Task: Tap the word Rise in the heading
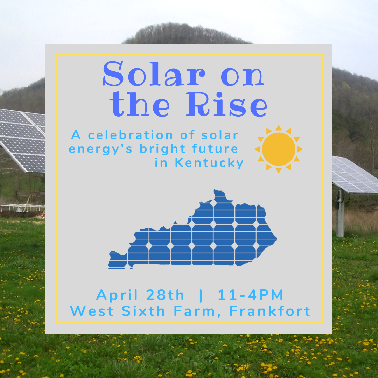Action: [x=226, y=104]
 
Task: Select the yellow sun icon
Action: [x=279, y=149]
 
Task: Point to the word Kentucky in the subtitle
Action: [x=209, y=163]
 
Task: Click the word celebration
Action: [x=131, y=135]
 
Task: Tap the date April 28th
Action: [x=140, y=295]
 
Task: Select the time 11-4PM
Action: [x=250, y=295]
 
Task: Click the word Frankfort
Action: [x=269, y=311]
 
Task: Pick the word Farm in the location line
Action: [x=194, y=311]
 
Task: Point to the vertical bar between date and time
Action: [x=201, y=295]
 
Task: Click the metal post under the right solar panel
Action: [x=340, y=213]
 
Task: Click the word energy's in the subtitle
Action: [x=100, y=149]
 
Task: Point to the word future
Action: [x=215, y=148]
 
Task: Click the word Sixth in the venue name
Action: [x=143, y=311]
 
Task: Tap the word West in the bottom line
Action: [x=92, y=311]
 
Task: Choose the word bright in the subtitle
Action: [x=162, y=149]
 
